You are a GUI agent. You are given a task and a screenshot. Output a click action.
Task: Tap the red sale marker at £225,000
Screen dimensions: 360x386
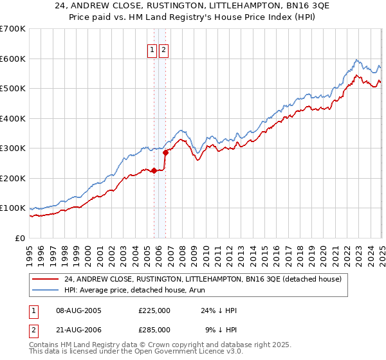[154, 170]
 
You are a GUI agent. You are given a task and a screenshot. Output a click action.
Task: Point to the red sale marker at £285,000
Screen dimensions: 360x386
[166, 152]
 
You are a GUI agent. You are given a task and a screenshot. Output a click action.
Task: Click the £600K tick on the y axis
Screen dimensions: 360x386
[12, 59]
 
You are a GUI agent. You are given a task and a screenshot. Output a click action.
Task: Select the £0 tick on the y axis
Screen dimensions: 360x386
[19, 238]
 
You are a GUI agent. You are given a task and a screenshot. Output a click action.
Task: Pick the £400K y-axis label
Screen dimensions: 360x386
[12, 118]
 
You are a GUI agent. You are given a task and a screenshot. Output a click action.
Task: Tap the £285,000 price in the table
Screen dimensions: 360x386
[154, 328]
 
